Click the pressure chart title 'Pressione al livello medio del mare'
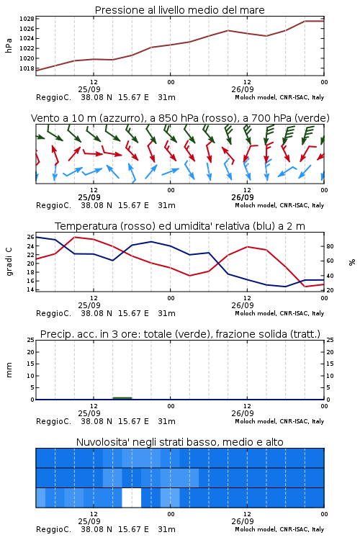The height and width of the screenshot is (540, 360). [x=179, y=10]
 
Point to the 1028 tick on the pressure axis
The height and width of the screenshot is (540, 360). [x=27, y=19]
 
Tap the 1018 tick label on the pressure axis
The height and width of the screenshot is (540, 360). [x=27, y=68]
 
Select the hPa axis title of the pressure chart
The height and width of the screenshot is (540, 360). [x=9, y=45]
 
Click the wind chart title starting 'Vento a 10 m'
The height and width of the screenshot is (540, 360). [x=180, y=118]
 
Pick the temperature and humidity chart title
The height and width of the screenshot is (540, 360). [x=180, y=226]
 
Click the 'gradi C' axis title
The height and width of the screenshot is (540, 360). [x=9, y=261]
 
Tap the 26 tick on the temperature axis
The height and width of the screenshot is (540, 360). [x=30, y=237]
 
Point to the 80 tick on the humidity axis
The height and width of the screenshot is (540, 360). [x=330, y=246]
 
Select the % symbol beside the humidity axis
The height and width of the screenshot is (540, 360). [x=352, y=262]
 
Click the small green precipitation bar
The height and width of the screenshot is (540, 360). [x=122, y=398]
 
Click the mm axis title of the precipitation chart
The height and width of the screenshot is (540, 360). [x=9, y=369]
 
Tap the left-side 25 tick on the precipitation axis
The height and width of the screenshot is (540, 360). [x=30, y=341]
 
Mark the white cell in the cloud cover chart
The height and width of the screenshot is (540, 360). [x=132, y=498]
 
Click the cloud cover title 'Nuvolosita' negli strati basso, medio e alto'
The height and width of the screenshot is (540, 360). [x=179, y=442]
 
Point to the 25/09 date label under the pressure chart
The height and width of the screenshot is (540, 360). [x=89, y=89]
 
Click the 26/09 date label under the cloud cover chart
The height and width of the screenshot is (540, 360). [x=243, y=521]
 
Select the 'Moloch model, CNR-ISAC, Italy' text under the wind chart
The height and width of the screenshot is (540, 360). [x=279, y=205]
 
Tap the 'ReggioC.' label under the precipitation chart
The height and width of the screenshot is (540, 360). [x=54, y=421]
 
